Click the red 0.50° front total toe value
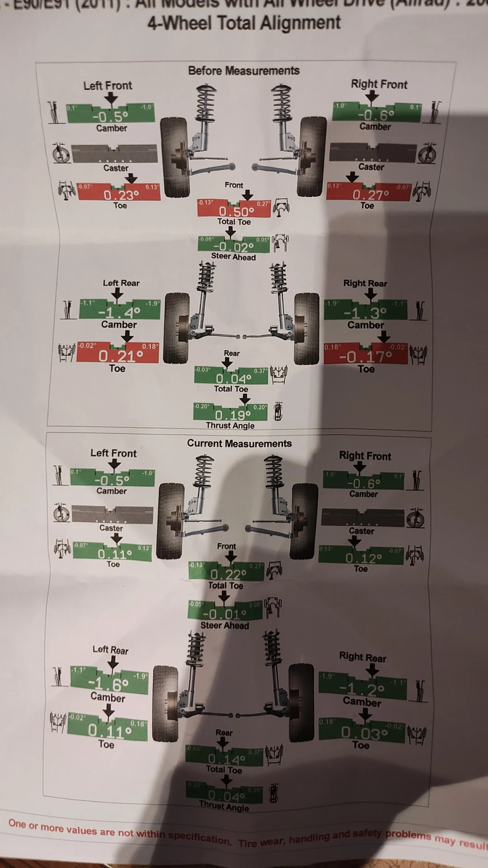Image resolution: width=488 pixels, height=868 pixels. pyautogui.click(x=236, y=211)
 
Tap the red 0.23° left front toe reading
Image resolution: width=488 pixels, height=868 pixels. pyautogui.click(x=121, y=195)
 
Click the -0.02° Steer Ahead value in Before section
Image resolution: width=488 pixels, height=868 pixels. pyautogui.click(x=234, y=247)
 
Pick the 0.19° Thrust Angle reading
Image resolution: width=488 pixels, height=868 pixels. pyautogui.click(x=233, y=415)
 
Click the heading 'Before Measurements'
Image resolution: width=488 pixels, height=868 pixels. pyautogui.click(x=244, y=71)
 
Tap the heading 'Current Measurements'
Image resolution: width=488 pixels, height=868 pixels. pyautogui.click(x=239, y=443)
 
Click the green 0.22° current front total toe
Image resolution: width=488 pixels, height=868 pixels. pyautogui.click(x=228, y=574)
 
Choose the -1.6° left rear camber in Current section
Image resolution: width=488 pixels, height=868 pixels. pyautogui.click(x=108, y=684)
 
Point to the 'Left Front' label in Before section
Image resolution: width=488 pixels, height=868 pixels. pyautogui.click(x=108, y=85)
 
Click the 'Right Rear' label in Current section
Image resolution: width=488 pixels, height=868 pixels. pyautogui.click(x=362, y=657)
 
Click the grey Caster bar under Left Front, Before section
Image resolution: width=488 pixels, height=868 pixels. pyautogui.click(x=115, y=154)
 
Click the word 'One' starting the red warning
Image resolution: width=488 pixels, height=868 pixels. pyautogui.click(x=17, y=823)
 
